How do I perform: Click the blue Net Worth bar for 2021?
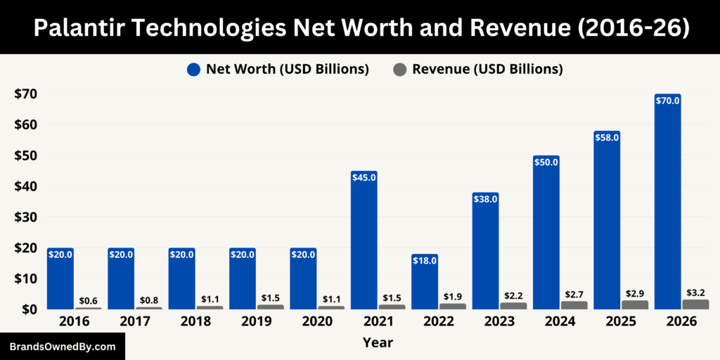pyautogui.click(x=364, y=243)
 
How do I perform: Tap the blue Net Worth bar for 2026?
pyautogui.click(x=667, y=204)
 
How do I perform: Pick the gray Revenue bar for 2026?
pyautogui.click(x=695, y=304)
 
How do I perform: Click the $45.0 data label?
pyautogui.click(x=364, y=178)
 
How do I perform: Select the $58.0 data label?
pyautogui.click(x=607, y=138)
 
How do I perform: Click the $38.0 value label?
pyautogui.click(x=485, y=199)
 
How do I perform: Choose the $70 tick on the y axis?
pyautogui.click(x=26, y=94)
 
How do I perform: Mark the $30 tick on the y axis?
pyautogui.click(x=26, y=217)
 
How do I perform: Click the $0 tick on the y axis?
pyautogui.click(x=30, y=309)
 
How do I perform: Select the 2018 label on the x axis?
pyautogui.click(x=196, y=321)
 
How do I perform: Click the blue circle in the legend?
pyautogui.click(x=194, y=70)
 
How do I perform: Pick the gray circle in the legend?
pyautogui.click(x=400, y=70)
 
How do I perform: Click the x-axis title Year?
pyautogui.click(x=378, y=343)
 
